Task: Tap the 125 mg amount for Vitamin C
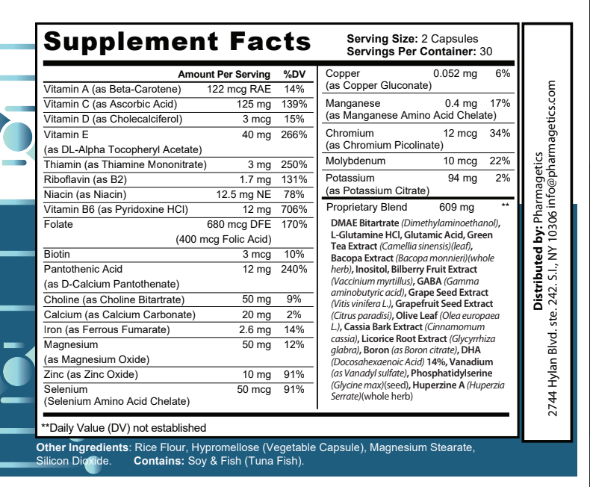(x=254, y=104)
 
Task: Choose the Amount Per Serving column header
(x=223, y=75)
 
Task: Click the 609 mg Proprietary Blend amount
(x=459, y=207)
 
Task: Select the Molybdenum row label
(x=355, y=161)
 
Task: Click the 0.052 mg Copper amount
(x=455, y=74)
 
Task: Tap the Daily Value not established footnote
(x=123, y=428)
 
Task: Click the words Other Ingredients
(x=81, y=447)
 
